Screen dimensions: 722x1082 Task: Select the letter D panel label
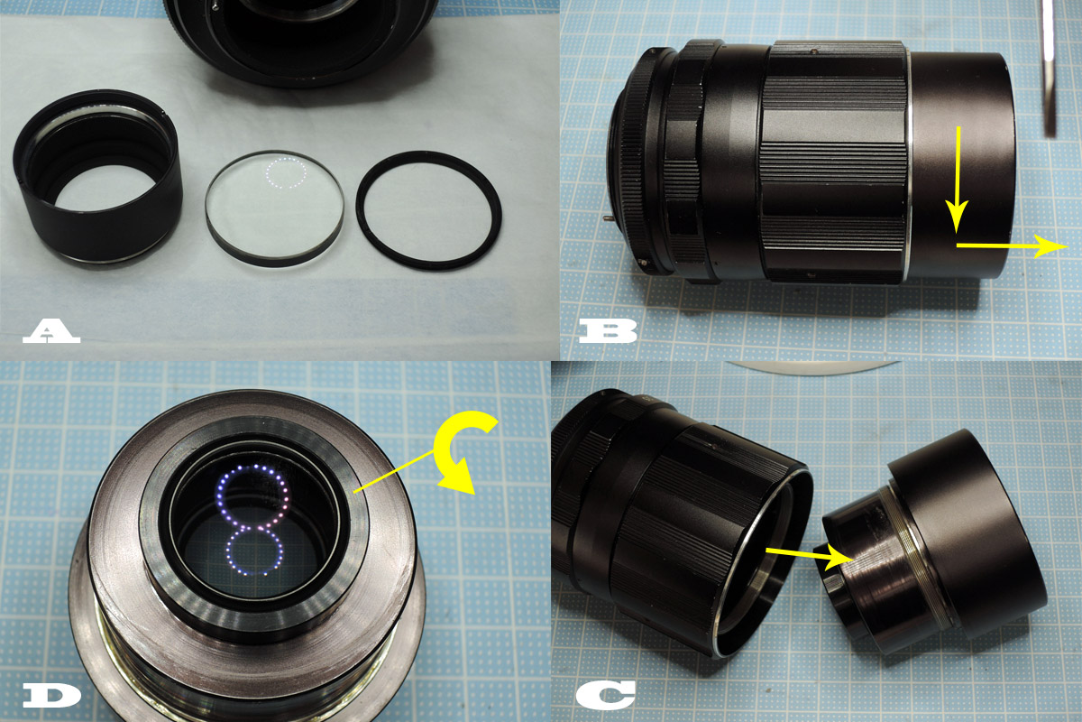point(51,695)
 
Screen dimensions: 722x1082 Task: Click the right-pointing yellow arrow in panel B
point(1010,245)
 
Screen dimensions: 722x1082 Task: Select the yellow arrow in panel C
point(808,556)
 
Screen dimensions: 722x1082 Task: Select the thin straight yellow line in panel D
point(397,469)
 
